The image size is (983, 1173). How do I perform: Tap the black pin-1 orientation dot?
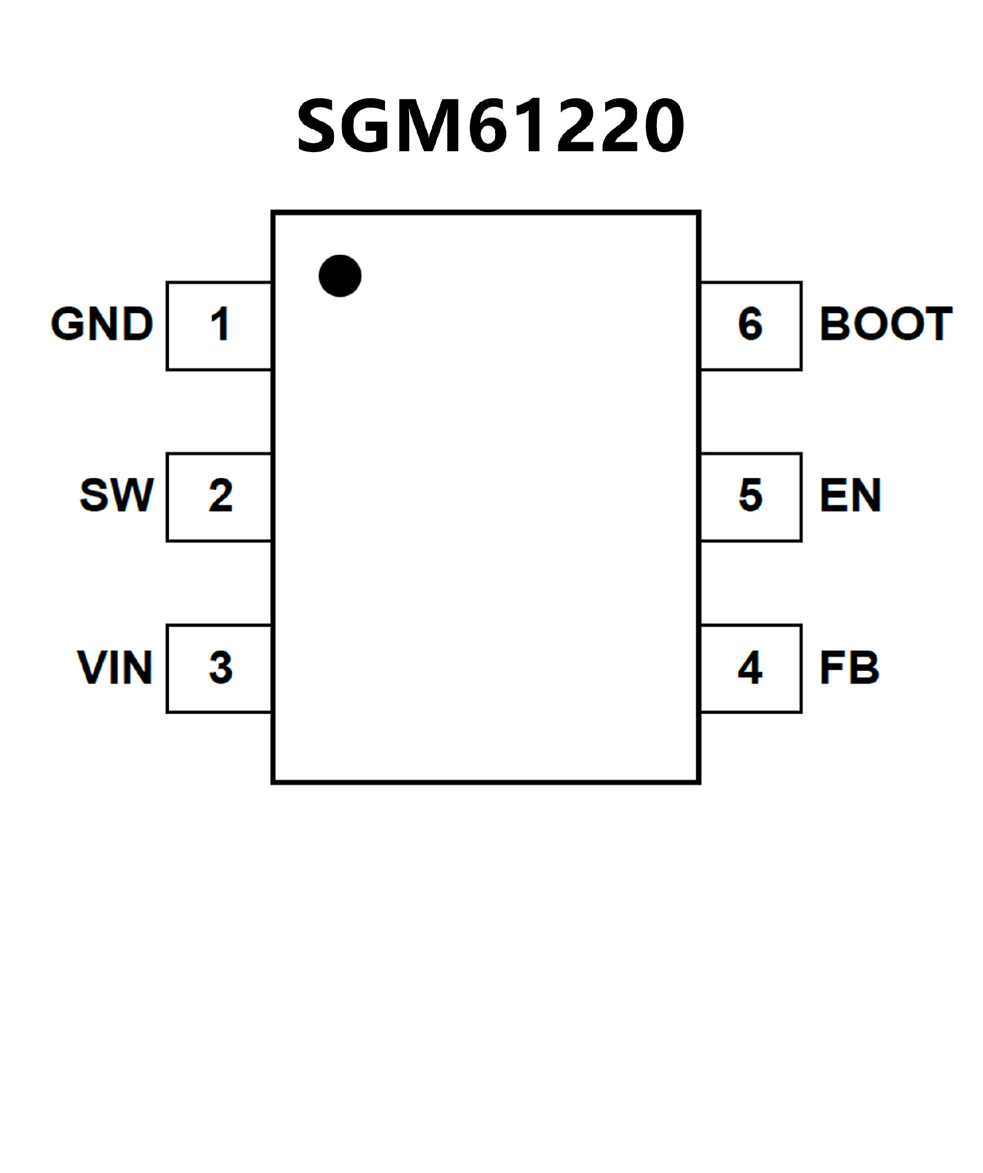pyautogui.click(x=340, y=276)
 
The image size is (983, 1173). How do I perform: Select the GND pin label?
pyautogui.click(x=102, y=324)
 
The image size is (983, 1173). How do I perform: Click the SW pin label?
pyautogui.click(x=116, y=495)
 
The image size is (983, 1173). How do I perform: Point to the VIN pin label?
pyautogui.click(x=115, y=667)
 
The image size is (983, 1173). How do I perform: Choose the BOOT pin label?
pyautogui.click(x=886, y=324)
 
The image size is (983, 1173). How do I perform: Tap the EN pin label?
pyautogui.click(x=850, y=495)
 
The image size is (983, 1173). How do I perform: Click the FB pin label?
pyautogui.click(x=849, y=667)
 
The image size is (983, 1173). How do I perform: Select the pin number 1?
pyautogui.click(x=220, y=324)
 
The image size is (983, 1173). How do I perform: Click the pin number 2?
pyautogui.click(x=221, y=496)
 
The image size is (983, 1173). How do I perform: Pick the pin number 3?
pyautogui.click(x=221, y=667)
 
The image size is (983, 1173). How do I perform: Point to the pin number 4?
pyautogui.click(x=750, y=667)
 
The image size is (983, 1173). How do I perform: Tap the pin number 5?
pyautogui.click(x=750, y=496)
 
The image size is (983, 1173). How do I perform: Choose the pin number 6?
pyautogui.click(x=750, y=324)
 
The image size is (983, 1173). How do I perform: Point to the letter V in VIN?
pyautogui.click(x=91, y=667)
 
